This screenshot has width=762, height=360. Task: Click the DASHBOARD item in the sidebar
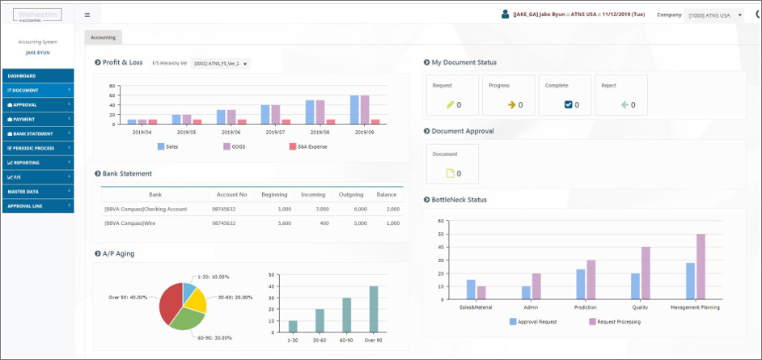click(22, 76)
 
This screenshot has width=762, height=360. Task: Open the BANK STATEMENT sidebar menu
click(33, 133)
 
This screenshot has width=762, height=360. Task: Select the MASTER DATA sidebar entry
click(24, 192)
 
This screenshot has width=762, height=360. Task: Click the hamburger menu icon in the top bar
click(87, 15)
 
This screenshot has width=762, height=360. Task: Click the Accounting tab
click(103, 37)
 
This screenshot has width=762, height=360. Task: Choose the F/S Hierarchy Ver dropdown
click(221, 63)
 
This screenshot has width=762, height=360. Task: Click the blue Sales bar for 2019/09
click(354, 109)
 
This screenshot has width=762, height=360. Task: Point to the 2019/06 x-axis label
click(231, 132)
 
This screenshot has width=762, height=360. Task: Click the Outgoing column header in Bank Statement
click(351, 195)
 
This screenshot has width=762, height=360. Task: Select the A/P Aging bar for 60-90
click(346, 314)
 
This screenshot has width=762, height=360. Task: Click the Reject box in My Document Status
click(621, 95)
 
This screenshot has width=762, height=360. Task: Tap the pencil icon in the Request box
click(451, 104)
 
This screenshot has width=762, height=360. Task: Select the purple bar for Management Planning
click(700, 267)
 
